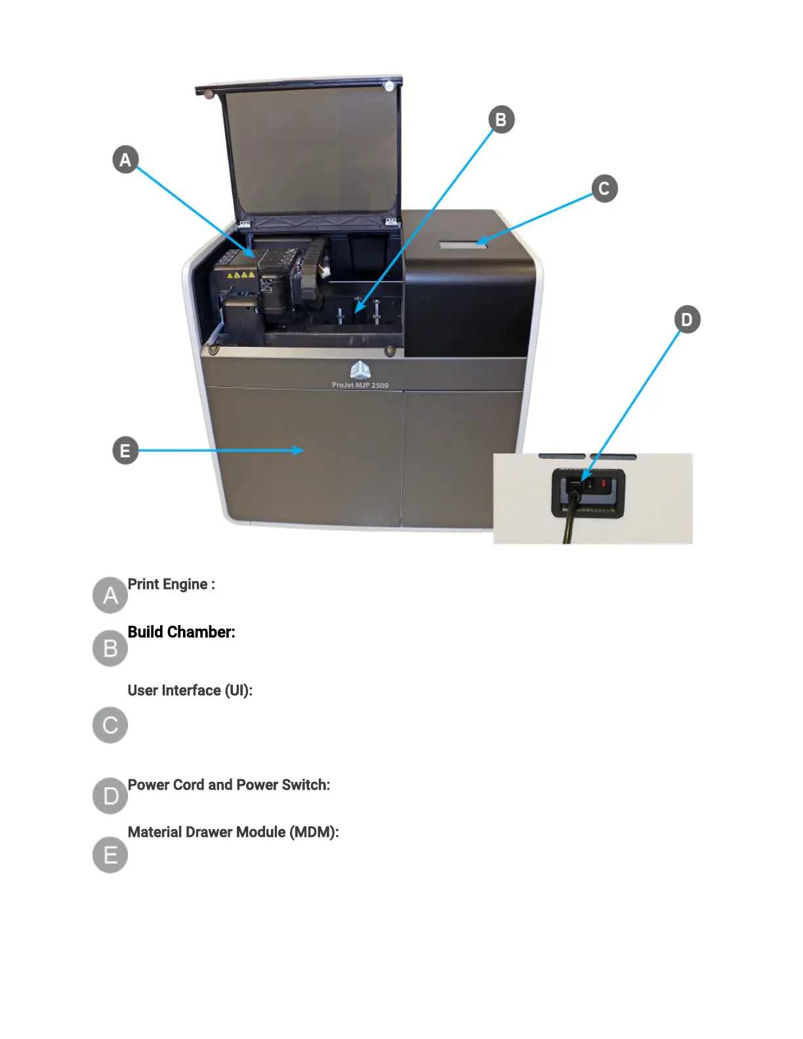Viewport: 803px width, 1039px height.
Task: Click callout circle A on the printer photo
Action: pos(125,159)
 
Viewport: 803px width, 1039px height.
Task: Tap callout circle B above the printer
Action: pos(501,119)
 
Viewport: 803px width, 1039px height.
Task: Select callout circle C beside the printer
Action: pos(604,189)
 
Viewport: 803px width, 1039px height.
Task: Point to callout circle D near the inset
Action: pos(687,319)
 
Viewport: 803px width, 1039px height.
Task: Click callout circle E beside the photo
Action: pos(125,451)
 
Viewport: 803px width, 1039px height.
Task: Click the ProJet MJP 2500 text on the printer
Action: pos(360,385)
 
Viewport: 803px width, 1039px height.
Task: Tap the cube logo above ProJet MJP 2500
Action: pos(360,370)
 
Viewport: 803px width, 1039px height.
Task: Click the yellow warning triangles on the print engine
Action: pos(241,275)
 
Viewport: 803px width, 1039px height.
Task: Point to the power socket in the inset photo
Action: pos(588,489)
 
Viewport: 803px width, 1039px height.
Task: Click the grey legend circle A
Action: pos(110,595)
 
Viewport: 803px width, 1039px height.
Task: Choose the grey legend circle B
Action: pos(110,648)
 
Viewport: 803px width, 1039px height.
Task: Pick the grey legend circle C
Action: pos(110,725)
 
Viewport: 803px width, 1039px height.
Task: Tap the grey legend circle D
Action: pos(110,796)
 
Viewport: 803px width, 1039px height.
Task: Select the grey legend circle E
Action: pos(110,855)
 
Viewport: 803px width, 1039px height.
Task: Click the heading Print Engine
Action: pos(171,584)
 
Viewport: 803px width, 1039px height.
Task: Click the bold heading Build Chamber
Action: pos(181,632)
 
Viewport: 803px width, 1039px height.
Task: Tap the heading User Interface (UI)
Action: pos(190,691)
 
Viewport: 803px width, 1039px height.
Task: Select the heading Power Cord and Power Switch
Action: pos(229,785)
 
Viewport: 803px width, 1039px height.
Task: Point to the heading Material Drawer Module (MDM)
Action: pos(234,832)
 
